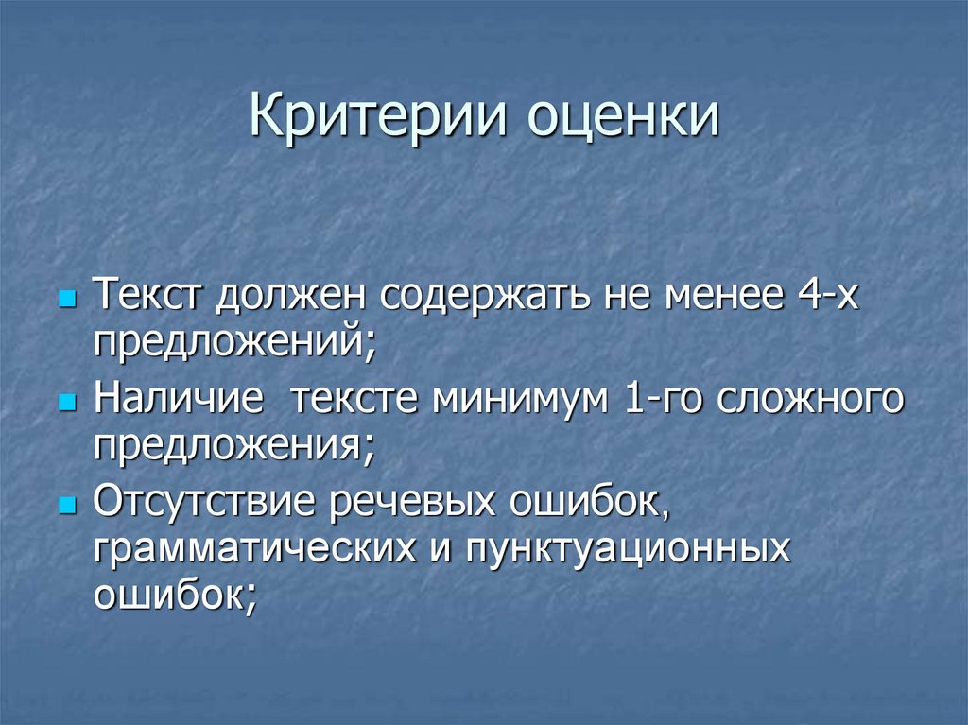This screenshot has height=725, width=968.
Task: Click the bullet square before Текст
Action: coord(66,302)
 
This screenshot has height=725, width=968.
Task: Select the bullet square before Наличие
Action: coord(66,403)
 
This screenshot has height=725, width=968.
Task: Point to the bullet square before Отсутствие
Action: coord(66,505)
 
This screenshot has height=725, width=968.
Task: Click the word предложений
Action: coord(229,339)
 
